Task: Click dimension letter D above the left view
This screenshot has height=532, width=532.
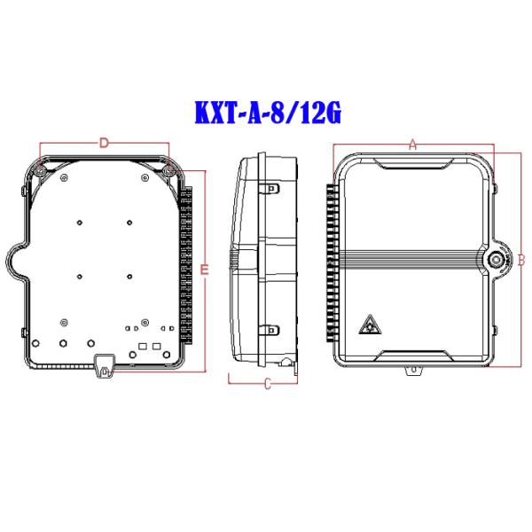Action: [103, 142]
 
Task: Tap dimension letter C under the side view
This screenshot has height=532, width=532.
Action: [267, 383]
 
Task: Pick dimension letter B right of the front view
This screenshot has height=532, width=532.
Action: [521, 260]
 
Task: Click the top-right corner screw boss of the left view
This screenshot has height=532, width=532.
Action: [168, 168]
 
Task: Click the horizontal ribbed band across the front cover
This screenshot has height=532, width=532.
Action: [412, 259]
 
